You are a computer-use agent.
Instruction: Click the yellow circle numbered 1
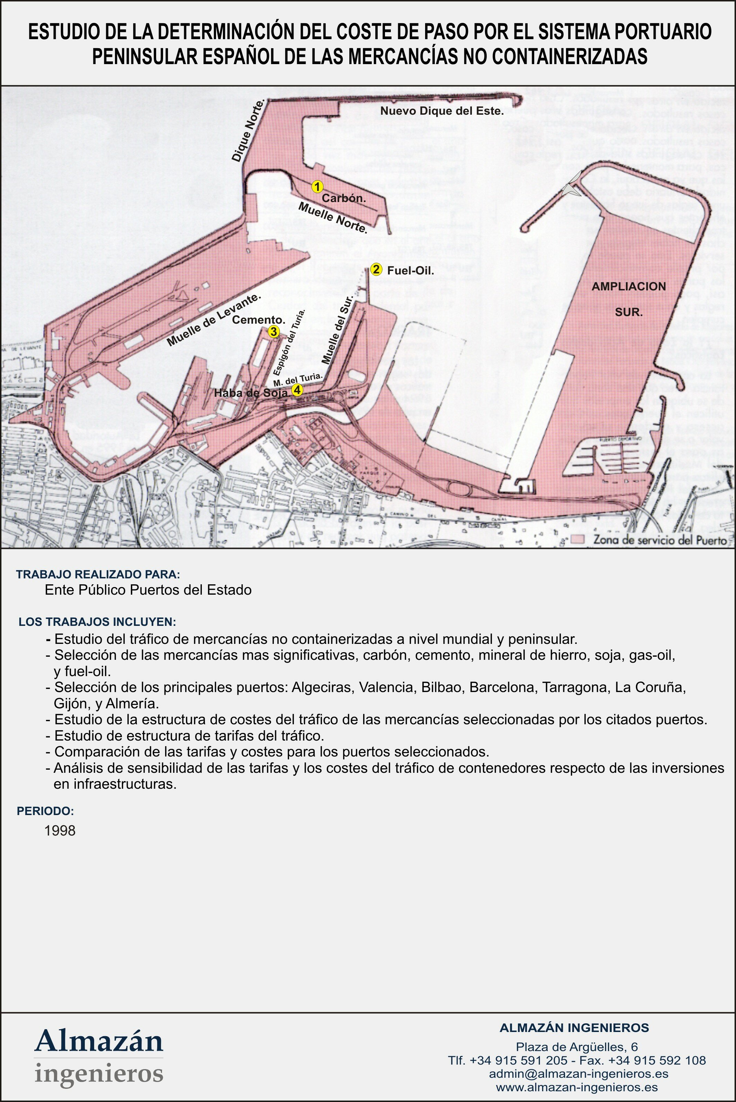click(317, 186)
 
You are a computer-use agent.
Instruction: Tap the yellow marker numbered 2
click(376, 270)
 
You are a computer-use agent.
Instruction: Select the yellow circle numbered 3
click(273, 332)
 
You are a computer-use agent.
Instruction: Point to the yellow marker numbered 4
click(297, 390)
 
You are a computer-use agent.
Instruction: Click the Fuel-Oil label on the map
click(410, 271)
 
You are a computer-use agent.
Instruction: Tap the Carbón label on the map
click(343, 198)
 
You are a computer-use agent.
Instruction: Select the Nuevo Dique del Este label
click(442, 111)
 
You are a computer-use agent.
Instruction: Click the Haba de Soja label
click(251, 393)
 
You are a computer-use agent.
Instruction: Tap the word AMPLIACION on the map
click(629, 287)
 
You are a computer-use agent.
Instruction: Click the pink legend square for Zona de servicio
click(578, 539)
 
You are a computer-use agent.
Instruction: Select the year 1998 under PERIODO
click(60, 831)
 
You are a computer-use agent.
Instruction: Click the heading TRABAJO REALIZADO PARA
click(98, 575)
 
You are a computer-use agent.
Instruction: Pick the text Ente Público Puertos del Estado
click(148, 590)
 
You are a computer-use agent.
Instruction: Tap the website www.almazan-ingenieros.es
click(576, 1087)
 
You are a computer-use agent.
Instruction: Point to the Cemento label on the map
click(259, 320)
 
